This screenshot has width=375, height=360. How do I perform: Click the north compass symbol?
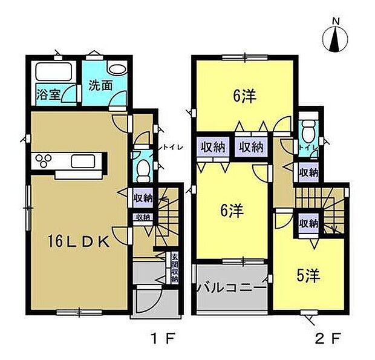pos(335,39)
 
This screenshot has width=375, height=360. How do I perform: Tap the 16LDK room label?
pos(79,241)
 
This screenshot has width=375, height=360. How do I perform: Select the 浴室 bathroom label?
pos(48,94)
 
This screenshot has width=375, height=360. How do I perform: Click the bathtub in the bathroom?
pos(54,71)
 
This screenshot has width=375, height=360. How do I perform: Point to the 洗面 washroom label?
pos(100,86)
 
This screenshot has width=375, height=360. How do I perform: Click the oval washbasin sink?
pos(117,70)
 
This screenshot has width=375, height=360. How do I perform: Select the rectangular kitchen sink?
pos(83,161)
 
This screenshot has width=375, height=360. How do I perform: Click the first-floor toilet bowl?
pos(143,171)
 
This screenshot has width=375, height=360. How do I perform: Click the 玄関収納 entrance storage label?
pos(175,267)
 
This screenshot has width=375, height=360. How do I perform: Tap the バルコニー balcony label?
pos(231,288)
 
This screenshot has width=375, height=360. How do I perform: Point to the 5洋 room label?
pos(308,276)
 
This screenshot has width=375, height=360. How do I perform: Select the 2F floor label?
pos(328,338)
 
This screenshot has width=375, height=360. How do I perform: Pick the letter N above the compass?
pos(336,22)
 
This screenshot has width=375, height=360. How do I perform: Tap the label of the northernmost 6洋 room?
pos(245,96)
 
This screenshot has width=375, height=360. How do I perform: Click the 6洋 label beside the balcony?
pos(232,211)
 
